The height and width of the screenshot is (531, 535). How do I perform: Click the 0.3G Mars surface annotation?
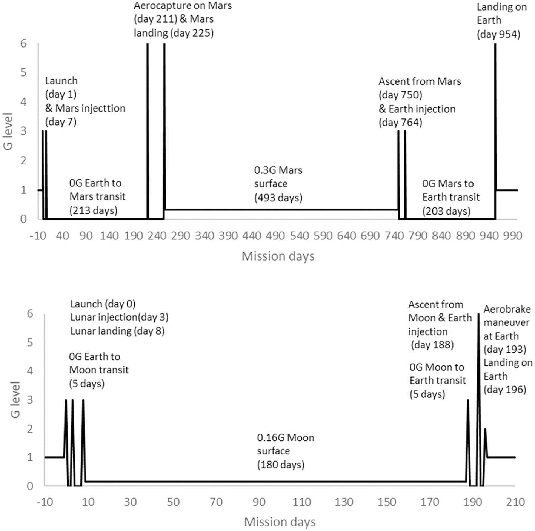tap(278, 184)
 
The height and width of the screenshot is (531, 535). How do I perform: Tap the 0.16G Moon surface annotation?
tap(285, 451)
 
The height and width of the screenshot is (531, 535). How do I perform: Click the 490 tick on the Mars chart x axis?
tap(275, 236)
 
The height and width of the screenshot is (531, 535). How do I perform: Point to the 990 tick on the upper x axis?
tap(512, 236)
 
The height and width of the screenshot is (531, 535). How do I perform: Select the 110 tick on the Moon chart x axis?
tap(301, 502)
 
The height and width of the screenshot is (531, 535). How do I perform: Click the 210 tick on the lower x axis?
tap(515, 502)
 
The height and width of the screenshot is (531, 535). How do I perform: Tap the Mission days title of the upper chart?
tap(278, 256)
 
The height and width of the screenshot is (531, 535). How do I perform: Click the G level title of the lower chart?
tap(15, 399)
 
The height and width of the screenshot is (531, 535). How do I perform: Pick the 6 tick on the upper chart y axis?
tap(23, 44)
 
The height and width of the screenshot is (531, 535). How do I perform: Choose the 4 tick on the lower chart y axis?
tap(30, 371)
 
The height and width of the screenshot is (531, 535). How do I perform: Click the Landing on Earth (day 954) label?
tap(501, 21)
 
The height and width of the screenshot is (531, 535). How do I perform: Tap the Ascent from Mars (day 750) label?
tap(419, 88)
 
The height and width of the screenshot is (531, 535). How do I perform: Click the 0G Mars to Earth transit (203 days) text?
tap(450, 197)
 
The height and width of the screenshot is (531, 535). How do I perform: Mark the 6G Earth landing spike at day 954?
tap(495, 113)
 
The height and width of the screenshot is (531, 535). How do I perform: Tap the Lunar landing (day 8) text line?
tap(117, 331)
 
